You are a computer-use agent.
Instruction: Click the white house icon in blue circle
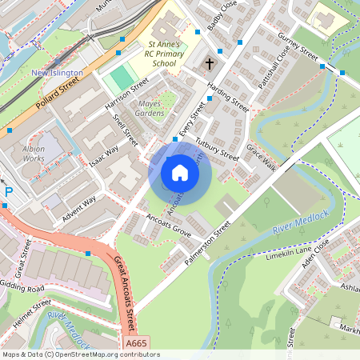[x=180, y=172]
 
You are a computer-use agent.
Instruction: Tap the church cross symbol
[x=210, y=63]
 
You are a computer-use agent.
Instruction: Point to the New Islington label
[x=56, y=73]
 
